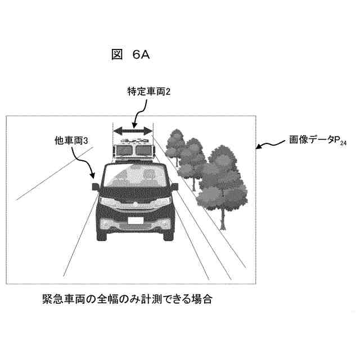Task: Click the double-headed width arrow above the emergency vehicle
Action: [x=133, y=130]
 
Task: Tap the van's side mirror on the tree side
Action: [x=175, y=186]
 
